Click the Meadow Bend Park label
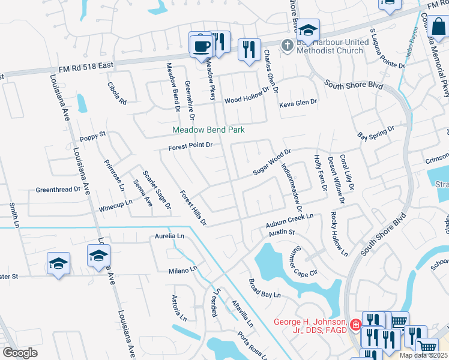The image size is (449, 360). click(x=208, y=130)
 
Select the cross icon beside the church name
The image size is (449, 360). click(x=288, y=44)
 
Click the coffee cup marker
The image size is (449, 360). click(x=202, y=45)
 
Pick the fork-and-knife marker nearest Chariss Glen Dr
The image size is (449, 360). click(x=249, y=49)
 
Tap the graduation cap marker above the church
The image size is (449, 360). click(x=308, y=30)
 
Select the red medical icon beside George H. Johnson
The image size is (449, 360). click(x=356, y=325)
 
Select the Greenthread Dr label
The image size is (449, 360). click(x=58, y=189)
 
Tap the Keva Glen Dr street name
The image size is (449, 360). click(x=298, y=103)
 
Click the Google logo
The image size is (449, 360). click(x=20, y=352)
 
